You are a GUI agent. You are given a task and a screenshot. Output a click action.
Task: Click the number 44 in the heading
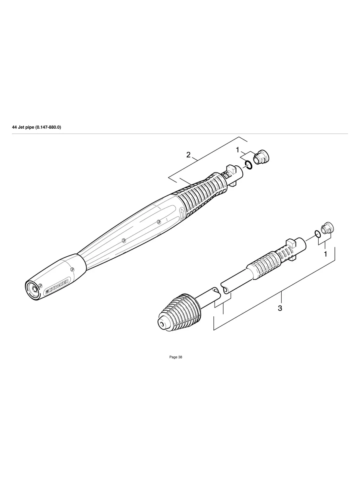pyautogui.click(x=14, y=127)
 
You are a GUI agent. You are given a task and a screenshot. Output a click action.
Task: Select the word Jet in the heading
pyautogui.click(x=22, y=127)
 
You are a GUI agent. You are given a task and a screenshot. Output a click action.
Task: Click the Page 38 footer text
pyautogui.click(x=176, y=357)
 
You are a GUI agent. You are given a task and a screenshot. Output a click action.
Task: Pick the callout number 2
pyautogui.click(x=188, y=155)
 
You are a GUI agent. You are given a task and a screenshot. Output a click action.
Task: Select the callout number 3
pyautogui.click(x=280, y=308)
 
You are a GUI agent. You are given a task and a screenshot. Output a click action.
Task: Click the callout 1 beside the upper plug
pyautogui.click(x=238, y=150)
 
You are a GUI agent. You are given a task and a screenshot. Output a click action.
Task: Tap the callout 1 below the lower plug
pyautogui.click(x=325, y=254)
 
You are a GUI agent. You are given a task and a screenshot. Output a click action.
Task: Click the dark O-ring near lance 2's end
pyautogui.click(x=248, y=165)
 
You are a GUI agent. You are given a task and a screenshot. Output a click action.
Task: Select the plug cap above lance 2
pyautogui.click(x=261, y=157)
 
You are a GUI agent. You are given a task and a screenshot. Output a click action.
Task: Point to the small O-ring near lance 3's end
pyautogui.click(x=317, y=233)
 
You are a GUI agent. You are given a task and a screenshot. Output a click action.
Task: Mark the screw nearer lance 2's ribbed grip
pyautogui.click(x=158, y=221)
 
